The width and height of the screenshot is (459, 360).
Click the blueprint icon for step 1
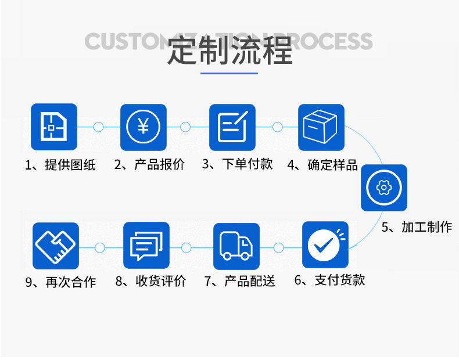[54, 127]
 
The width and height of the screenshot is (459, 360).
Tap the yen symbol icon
[143, 127]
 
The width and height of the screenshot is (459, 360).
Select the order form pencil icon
[232, 127]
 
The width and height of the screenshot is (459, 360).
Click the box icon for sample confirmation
[321, 127]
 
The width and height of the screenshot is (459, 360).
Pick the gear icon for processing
[383, 188]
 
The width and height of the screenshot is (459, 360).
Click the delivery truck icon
[236, 246]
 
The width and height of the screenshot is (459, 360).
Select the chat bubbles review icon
[146, 246]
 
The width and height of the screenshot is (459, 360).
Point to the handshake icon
[56, 246]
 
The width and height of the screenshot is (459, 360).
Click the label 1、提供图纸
[60, 165]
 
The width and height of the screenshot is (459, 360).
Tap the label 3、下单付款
[238, 164]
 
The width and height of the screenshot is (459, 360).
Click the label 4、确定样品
[323, 165]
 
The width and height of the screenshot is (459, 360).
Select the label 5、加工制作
[417, 227]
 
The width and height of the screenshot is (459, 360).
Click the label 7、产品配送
[239, 282]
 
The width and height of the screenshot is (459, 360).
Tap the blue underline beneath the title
[229, 73]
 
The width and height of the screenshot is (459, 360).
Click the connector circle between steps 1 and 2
[98, 127]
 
